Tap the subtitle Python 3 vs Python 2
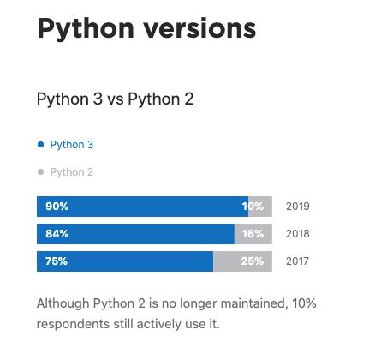[x=115, y=99]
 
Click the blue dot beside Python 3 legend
[x=40, y=145]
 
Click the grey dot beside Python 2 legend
[x=40, y=172]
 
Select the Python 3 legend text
[x=72, y=145]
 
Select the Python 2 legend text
[x=72, y=172]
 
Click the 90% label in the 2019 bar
[x=57, y=207]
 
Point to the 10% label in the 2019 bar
[x=253, y=207]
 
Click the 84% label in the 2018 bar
[x=57, y=234]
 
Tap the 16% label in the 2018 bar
[x=253, y=234]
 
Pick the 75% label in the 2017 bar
[x=57, y=261]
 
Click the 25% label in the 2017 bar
[x=253, y=261]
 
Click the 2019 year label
[x=298, y=207]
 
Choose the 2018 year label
[x=298, y=234]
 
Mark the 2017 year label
[x=298, y=261]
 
